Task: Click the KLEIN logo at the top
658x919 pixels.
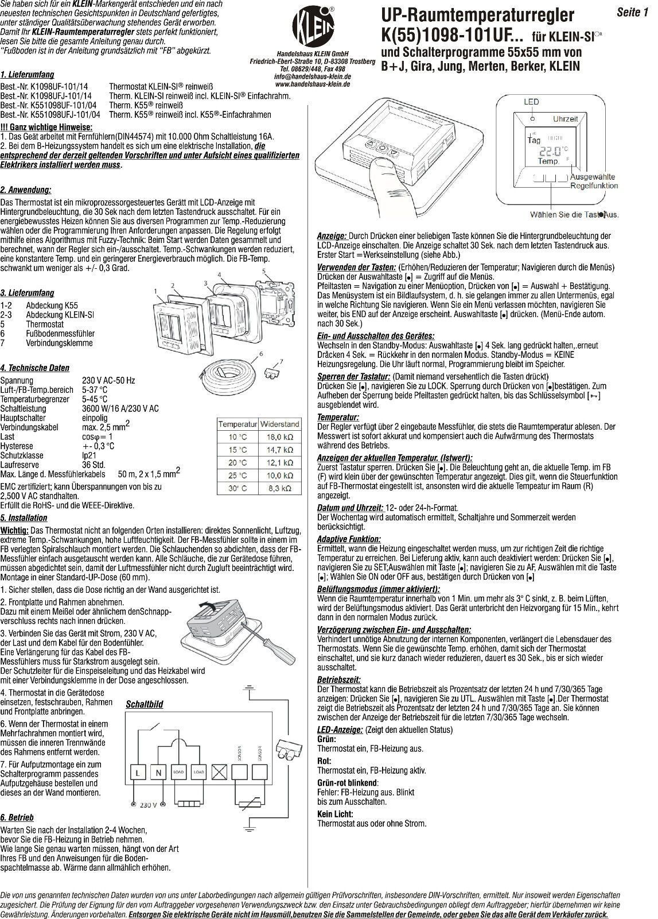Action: (313, 26)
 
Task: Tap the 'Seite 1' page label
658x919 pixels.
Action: (632, 13)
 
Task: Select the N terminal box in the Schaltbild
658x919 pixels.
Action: (159, 773)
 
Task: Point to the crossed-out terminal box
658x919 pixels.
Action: (219, 773)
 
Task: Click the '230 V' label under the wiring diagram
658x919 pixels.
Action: (147, 805)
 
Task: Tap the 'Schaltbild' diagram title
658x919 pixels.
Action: (144, 704)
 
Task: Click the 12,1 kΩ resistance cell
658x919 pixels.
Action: (281, 463)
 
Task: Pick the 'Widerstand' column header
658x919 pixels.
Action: (280, 424)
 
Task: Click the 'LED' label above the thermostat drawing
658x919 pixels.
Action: (531, 102)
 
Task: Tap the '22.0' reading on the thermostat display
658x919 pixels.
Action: (548, 151)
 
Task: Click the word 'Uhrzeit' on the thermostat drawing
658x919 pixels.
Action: (565, 118)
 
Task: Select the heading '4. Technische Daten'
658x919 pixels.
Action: (35, 368)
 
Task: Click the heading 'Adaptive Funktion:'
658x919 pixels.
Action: (348, 539)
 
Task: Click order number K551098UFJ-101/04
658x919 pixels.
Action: (50, 115)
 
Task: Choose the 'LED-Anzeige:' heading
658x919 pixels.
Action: (340, 729)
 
